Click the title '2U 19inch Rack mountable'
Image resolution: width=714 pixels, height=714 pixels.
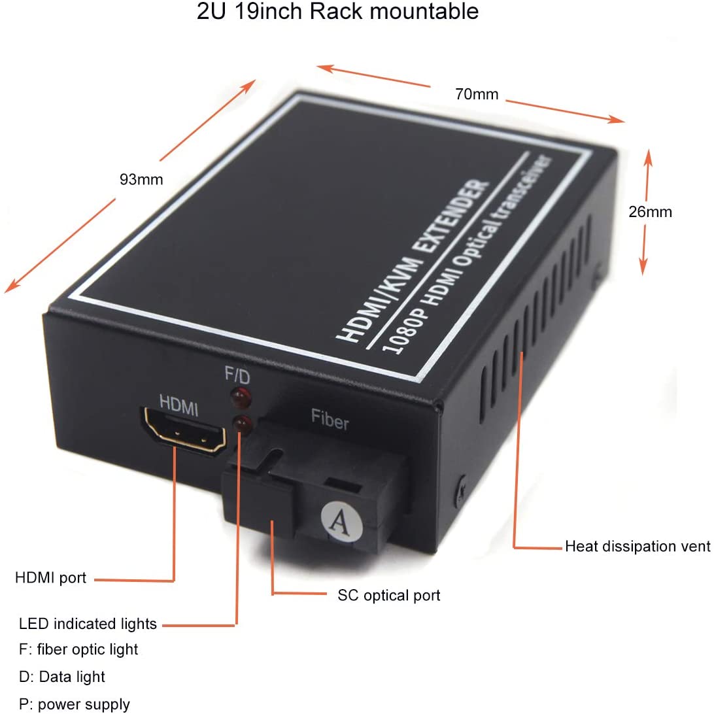(337, 12)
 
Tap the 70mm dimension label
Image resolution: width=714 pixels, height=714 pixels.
(477, 94)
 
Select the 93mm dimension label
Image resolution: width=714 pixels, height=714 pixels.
(141, 179)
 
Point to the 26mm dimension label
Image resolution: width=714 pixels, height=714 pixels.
(650, 212)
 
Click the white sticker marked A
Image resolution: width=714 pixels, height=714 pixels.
(338, 520)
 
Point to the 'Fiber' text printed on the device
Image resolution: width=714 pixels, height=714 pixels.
(330, 420)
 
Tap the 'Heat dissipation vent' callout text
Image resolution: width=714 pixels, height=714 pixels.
(637, 546)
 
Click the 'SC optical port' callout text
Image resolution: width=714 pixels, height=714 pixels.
(388, 595)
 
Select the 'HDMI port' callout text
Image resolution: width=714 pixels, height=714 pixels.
(50, 578)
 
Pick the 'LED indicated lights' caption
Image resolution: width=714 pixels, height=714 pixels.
(88, 624)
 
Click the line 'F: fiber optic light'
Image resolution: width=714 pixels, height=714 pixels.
(78, 649)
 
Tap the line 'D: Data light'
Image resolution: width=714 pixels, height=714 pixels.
(62, 677)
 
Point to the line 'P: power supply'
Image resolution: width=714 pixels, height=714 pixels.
(75, 704)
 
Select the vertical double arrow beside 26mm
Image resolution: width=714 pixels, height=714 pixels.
(645, 212)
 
